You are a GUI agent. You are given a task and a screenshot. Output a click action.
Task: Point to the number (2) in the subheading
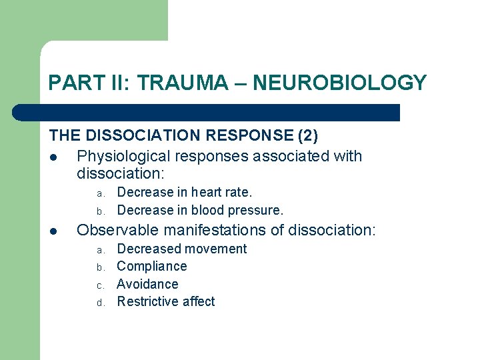click(x=307, y=135)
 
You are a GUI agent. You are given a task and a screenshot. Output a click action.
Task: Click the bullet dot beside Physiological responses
click(x=53, y=157)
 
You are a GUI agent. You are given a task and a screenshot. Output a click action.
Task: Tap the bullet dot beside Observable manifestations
click(x=53, y=231)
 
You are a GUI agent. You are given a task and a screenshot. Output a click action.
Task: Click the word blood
click(x=208, y=211)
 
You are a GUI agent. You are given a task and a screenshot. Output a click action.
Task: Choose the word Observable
click(x=115, y=231)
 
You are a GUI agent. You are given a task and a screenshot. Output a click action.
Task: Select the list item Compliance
click(x=151, y=267)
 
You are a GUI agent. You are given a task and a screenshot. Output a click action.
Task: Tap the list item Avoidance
click(x=147, y=284)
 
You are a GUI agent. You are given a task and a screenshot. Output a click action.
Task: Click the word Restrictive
click(x=148, y=301)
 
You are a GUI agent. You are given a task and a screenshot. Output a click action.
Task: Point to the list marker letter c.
click(x=99, y=285)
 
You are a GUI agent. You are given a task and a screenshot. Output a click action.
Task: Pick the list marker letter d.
click(x=99, y=303)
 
